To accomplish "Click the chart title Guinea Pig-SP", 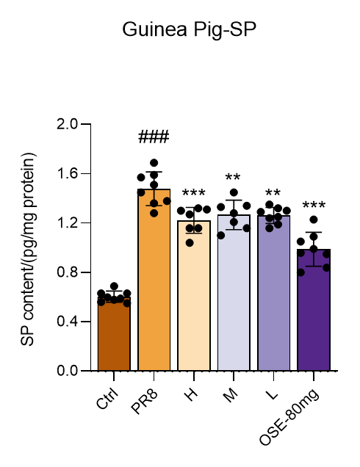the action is click(x=190, y=30).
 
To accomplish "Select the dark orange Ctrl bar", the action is click(x=114, y=334).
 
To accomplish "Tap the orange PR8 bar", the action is click(x=154, y=280).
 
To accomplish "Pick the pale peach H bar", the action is click(x=194, y=296).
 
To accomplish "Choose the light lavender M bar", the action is click(x=234, y=293).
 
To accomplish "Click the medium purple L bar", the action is click(x=273, y=294).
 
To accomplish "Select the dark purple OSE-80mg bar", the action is click(x=314, y=310).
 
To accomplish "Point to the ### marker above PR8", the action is click(x=154, y=137).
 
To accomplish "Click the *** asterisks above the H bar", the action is click(x=194, y=192).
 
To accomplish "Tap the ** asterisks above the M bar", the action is click(x=233, y=177).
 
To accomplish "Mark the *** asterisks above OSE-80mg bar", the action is click(x=314, y=205).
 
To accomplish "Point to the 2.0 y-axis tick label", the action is click(x=68, y=124).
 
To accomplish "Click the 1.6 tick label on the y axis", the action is click(x=68, y=173).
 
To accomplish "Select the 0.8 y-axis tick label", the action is click(x=68, y=272).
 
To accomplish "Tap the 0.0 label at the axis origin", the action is click(x=68, y=371).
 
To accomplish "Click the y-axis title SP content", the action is click(x=29, y=249).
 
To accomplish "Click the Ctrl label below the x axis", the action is click(x=107, y=398).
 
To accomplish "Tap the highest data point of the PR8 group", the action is click(x=154, y=163).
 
